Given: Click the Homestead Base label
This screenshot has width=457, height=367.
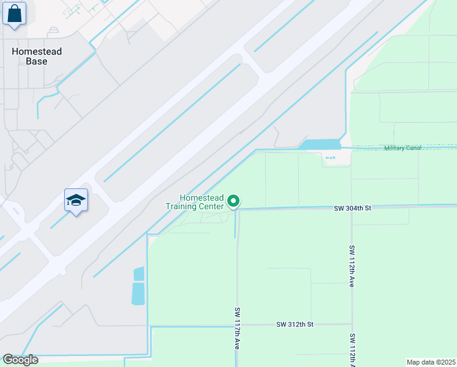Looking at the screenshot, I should [x=37, y=56].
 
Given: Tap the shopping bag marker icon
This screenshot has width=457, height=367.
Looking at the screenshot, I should [x=14, y=13].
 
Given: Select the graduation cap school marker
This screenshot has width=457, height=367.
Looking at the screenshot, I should [x=76, y=200].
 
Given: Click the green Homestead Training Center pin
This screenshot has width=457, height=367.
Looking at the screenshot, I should [x=233, y=201].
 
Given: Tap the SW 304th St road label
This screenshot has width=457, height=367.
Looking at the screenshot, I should [x=353, y=209].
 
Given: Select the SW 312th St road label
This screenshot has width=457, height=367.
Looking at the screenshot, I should [x=294, y=324].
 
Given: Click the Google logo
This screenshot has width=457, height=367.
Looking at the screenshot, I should [x=20, y=360].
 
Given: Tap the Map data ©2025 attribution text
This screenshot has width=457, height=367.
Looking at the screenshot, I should [x=431, y=362].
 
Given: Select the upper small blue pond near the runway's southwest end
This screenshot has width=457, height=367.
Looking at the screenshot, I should [x=139, y=273].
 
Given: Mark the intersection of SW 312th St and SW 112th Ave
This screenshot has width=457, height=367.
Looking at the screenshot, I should [x=352, y=324].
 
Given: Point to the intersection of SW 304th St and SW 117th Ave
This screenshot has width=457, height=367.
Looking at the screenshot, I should [x=237, y=210].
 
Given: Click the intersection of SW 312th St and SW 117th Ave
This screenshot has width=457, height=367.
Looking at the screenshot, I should [x=238, y=325].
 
